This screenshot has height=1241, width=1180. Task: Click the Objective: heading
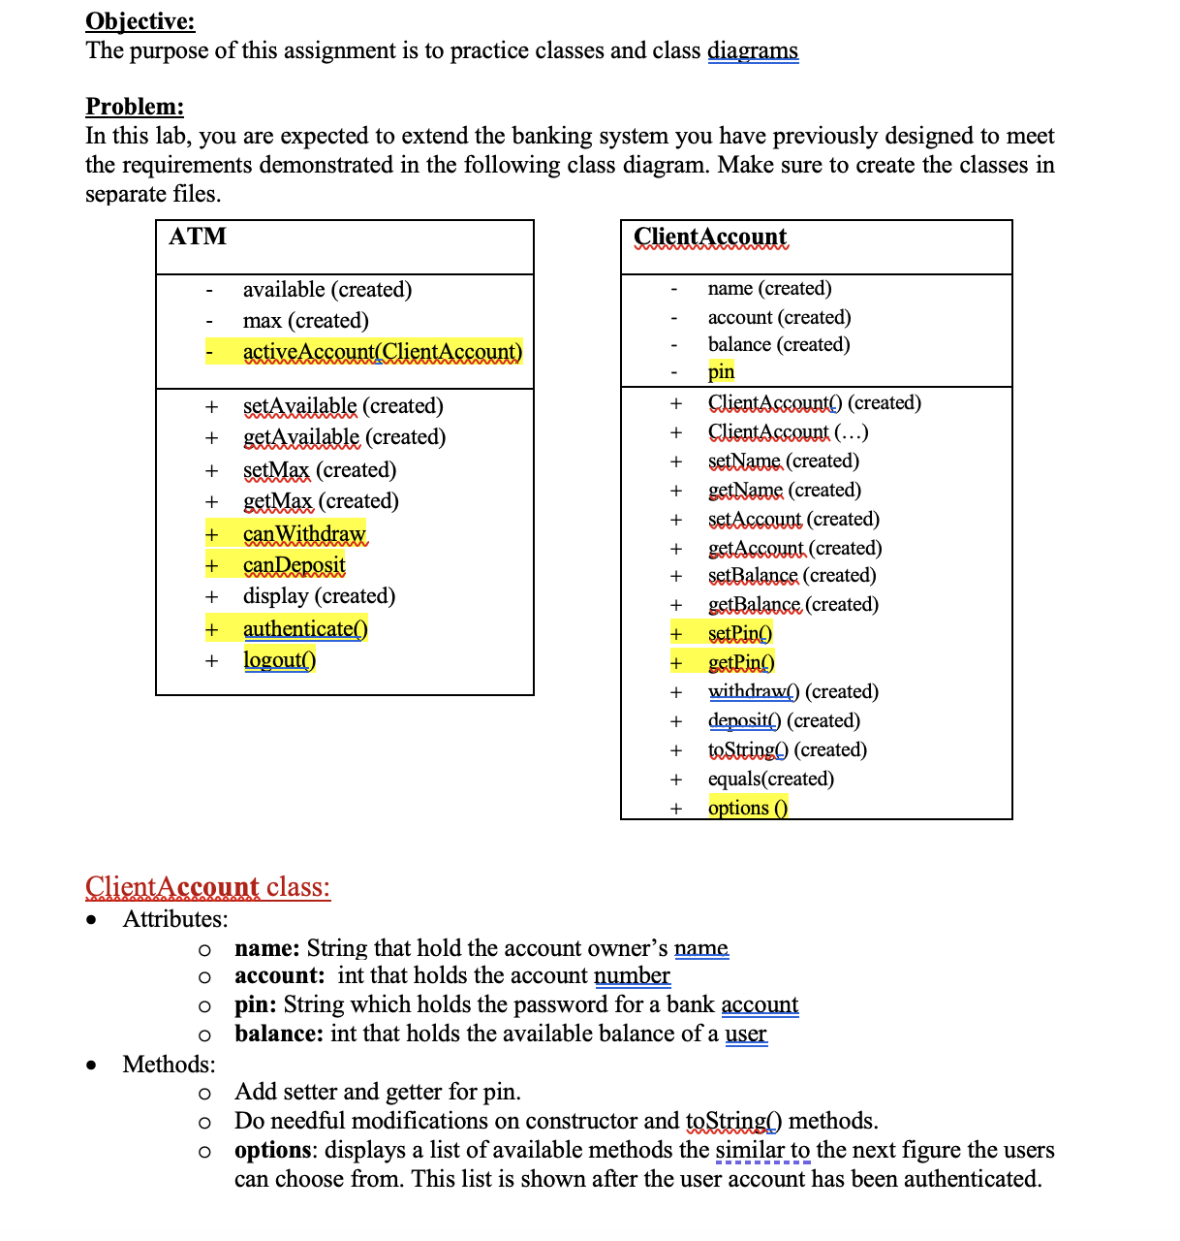click(x=140, y=21)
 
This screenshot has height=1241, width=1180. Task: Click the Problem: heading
click(x=135, y=107)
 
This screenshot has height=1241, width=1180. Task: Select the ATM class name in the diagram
click(x=198, y=237)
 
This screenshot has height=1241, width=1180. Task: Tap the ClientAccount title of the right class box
click(x=710, y=237)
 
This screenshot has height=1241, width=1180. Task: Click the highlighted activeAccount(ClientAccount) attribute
click(x=382, y=352)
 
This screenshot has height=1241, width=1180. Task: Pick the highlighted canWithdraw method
click(x=303, y=534)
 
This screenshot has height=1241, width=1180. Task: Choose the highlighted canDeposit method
click(x=294, y=565)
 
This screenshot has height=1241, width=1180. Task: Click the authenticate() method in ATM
click(x=305, y=629)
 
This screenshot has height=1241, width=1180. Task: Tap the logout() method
click(x=279, y=660)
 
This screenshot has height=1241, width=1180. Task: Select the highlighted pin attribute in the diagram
click(x=721, y=371)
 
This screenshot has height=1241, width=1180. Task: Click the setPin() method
click(x=740, y=634)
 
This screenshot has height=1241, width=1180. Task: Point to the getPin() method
click(x=741, y=663)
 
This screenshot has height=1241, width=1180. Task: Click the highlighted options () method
click(x=747, y=808)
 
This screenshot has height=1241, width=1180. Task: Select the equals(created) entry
click(x=770, y=779)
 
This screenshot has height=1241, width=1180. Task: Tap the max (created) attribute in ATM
click(x=305, y=321)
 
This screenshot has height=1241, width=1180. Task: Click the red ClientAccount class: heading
click(x=207, y=887)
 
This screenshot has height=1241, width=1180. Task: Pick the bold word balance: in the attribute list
click(x=278, y=1034)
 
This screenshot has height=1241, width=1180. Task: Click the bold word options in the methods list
click(x=273, y=1150)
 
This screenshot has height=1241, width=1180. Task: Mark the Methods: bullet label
click(x=169, y=1065)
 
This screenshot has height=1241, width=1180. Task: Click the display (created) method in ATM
click(x=319, y=596)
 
